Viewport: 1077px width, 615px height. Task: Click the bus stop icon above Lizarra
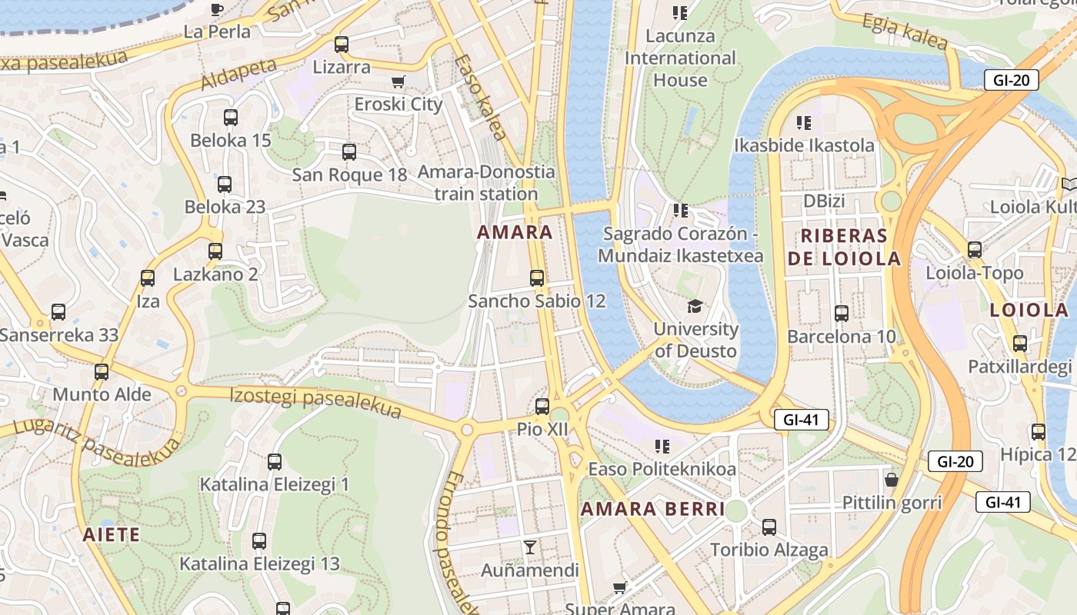point(342,45)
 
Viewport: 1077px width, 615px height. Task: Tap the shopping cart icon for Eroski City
point(398,82)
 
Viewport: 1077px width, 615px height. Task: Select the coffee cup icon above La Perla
point(217,10)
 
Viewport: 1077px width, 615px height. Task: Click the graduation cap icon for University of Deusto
point(695,306)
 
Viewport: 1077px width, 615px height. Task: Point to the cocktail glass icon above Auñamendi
point(529,547)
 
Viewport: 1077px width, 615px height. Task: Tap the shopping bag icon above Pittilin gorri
point(892,480)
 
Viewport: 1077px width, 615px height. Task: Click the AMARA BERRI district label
point(652,509)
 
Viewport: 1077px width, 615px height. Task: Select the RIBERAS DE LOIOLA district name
point(844,247)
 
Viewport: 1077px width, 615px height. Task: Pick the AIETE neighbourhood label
point(112,534)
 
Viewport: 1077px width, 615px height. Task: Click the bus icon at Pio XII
point(542,407)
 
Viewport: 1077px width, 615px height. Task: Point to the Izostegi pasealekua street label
point(315,403)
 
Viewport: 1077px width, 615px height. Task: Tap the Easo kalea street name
point(481,98)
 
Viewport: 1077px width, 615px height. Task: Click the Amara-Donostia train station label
point(485,182)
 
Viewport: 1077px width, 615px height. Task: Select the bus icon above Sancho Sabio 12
point(537,278)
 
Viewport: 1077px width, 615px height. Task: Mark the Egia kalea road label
point(905,32)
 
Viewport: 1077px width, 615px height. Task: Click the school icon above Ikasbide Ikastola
point(804,123)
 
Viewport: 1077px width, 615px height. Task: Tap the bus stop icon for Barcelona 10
point(842,314)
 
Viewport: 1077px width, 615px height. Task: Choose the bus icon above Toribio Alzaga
point(769,527)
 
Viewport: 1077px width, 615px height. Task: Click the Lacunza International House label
point(680,58)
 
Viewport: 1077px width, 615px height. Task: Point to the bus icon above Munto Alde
point(102,372)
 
